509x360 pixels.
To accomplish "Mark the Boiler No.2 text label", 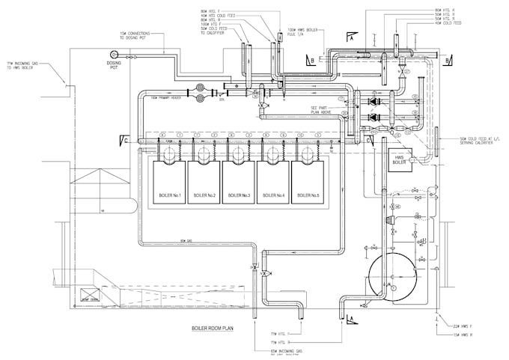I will [x=204, y=195].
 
